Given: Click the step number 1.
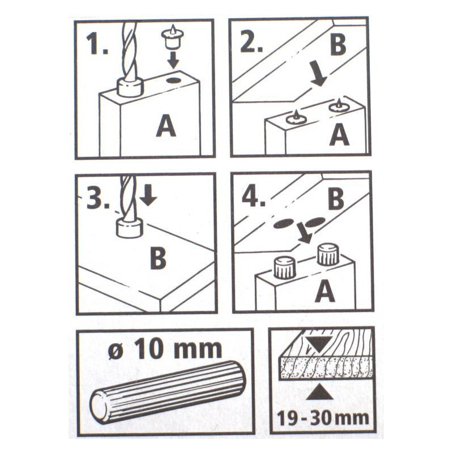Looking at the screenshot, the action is (97, 45).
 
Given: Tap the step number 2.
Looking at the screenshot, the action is (251, 43).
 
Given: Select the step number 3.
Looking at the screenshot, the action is (98, 199).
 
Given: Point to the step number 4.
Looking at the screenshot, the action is (253, 197).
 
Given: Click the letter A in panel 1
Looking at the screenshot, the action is (166, 125).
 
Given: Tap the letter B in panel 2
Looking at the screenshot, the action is (337, 45).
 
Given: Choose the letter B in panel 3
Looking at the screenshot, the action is (158, 258).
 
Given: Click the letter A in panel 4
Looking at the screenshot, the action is (324, 292).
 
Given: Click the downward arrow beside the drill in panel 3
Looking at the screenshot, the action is (148, 195).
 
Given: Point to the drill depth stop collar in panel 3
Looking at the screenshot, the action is (130, 228).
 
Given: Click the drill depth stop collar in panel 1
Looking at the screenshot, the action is (130, 87).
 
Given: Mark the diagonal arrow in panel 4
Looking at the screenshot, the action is (305, 233).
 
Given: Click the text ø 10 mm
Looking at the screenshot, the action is (165, 349).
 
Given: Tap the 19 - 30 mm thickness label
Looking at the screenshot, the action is (323, 418).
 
